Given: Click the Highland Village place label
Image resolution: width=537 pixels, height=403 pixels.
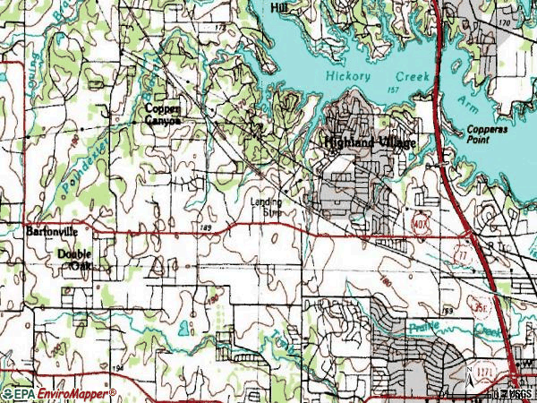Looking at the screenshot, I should (362, 142).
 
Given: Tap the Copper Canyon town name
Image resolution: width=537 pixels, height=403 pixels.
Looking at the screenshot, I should (164, 114).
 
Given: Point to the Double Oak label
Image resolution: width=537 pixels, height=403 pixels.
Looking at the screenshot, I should (74, 260).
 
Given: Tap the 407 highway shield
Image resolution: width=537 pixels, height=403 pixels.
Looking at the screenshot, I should (421, 219).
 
